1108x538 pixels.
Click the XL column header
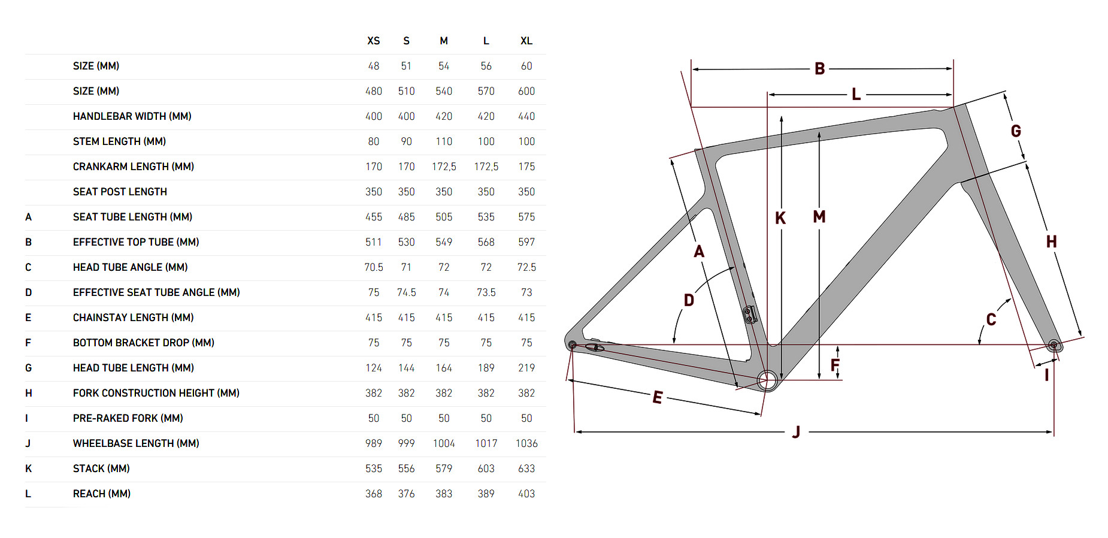tap(526, 41)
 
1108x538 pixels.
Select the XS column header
tap(374, 41)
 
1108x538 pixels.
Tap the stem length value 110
tap(444, 141)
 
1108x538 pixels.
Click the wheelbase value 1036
tap(526, 443)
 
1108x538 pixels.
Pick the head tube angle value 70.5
tap(374, 267)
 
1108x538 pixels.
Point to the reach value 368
tap(374, 494)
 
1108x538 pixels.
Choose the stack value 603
tap(486, 469)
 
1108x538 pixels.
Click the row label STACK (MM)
tap(101, 469)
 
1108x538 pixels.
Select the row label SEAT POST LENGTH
tap(120, 192)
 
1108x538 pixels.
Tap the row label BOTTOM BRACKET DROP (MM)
tap(143, 343)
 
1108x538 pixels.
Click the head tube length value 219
tap(526, 368)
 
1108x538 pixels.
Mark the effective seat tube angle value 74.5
tap(407, 292)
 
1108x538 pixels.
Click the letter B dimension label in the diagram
tap(820, 69)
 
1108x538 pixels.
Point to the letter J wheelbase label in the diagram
tap(796, 431)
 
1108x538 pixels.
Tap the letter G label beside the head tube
tap(1016, 131)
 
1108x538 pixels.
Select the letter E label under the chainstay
tap(658, 397)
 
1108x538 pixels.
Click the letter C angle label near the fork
tap(991, 319)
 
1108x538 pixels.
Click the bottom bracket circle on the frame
tap(767, 380)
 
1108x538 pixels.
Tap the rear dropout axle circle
tap(573, 345)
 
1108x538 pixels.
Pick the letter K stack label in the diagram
tap(780, 218)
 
